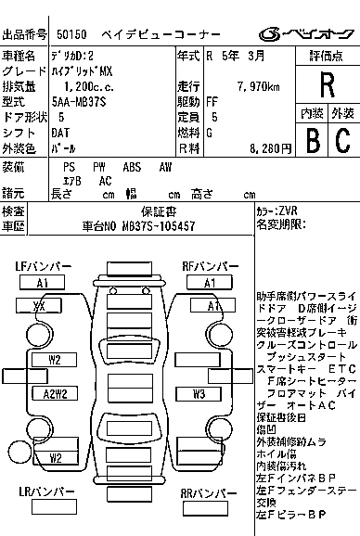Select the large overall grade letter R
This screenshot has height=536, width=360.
326,85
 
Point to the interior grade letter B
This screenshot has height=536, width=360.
313,140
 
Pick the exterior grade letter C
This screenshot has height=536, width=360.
341,140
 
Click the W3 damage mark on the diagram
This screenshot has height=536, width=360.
199,393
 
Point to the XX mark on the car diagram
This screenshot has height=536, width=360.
39,305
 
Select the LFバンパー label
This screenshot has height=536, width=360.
44,266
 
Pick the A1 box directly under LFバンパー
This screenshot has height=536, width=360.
43,282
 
